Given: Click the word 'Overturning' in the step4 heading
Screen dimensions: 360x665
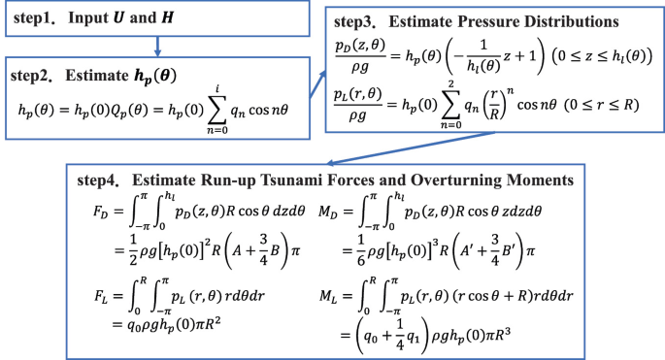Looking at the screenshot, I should [x=460, y=180].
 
